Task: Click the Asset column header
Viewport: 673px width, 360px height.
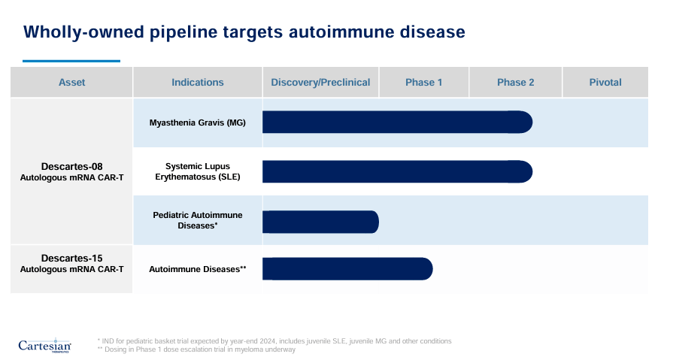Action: tap(71, 83)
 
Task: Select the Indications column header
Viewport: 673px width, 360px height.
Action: tap(197, 83)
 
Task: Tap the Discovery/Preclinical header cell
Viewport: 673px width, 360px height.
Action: tap(320, 83)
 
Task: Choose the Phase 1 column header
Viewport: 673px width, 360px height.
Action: tap(423, 83)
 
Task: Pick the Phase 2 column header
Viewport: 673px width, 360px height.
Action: tap(515, 83)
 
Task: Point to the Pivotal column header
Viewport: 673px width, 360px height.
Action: tap(605, 83)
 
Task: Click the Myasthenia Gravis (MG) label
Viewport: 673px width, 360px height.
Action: tap(197, 123)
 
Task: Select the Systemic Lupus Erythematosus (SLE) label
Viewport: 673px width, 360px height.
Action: tap(197, 171)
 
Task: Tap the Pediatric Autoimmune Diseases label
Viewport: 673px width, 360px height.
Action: tap(197, 219)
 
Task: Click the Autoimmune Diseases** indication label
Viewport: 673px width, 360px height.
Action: tap(197, 268)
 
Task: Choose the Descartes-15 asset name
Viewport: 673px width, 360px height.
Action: tap(71, 258)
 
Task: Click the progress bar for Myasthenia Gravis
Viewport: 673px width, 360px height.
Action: tap(396, 123)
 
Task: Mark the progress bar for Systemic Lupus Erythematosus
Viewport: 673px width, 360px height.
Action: tap(396, 171)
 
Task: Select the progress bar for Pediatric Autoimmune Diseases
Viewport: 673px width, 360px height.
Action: tap(320, 222)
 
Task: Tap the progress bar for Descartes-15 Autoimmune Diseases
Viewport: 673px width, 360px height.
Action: tap(347, 268)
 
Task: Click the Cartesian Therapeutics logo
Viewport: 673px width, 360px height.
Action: tap(44, 345)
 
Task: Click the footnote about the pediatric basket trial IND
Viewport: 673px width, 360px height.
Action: tap(274, 340)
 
